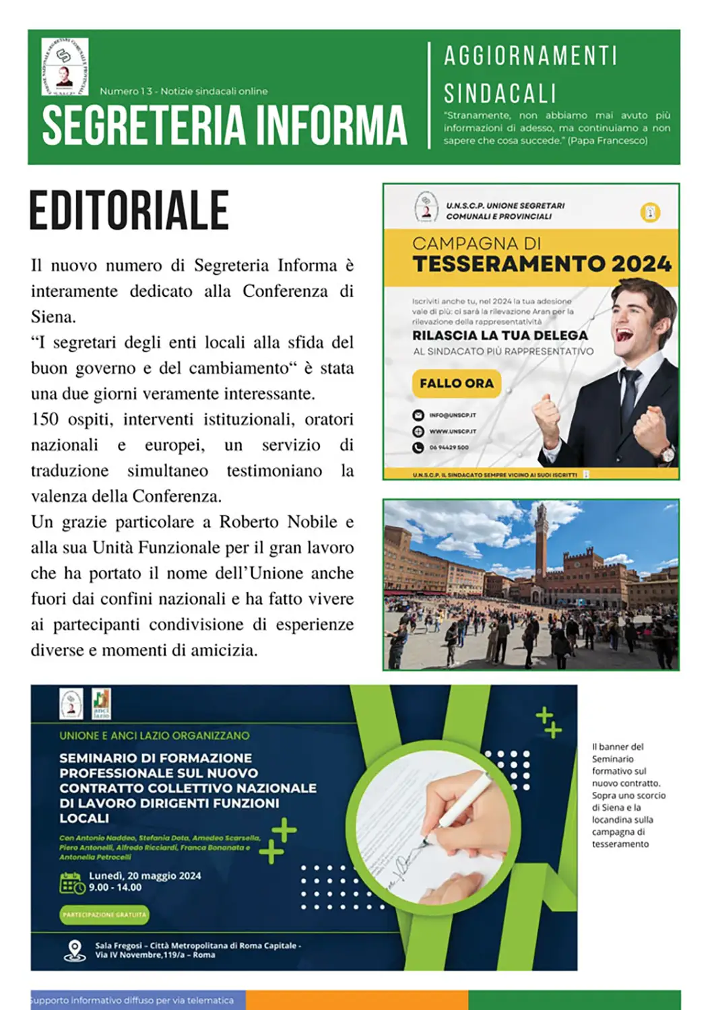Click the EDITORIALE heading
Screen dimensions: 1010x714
129,211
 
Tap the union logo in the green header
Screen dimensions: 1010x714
65,66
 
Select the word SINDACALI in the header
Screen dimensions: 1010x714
500,93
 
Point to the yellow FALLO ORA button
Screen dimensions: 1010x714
456,383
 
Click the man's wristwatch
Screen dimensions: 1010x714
666,453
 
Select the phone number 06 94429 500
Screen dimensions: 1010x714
449,447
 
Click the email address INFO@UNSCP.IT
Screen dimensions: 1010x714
453,415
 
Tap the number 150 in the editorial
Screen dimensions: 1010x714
45,419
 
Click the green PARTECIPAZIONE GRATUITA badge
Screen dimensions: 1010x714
104,914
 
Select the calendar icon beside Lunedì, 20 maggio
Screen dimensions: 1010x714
72,883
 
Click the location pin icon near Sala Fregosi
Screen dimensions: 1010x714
74,950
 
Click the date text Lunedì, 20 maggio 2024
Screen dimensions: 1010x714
145,876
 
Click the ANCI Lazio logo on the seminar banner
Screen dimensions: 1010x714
101,704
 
